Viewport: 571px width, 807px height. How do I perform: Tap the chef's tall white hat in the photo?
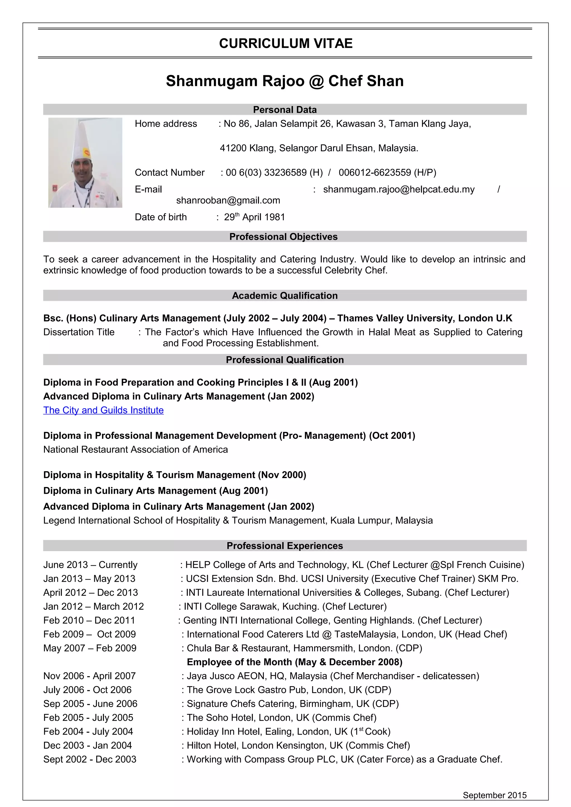(x=82, y=144)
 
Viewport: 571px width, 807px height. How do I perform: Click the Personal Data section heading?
(x=285, y=110)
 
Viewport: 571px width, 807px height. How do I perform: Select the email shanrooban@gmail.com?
(x=228, y=200)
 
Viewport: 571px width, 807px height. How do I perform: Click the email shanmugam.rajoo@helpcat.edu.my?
(x=399, y=189)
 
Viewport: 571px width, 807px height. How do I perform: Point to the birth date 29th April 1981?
(x=254, y=217)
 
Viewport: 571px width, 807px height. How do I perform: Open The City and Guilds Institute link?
(x=103, y=410)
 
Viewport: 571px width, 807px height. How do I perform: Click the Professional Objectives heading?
(x=283, y=236)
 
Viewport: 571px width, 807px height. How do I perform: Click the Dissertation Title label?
(x=79, y=332)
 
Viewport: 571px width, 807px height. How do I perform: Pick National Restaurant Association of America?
(x=136, y=449)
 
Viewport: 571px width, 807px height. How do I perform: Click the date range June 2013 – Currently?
(x=90, y=565)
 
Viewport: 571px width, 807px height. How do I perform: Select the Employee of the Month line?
(x=294, y=662)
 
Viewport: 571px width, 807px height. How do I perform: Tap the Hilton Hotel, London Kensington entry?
(x=298, y=745)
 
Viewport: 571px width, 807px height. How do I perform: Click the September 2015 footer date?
(x=494, y=795)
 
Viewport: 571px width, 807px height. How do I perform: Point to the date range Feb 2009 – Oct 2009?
(x=89, y=634)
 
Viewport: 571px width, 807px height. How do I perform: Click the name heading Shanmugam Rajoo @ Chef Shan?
(x=285, y=81)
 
